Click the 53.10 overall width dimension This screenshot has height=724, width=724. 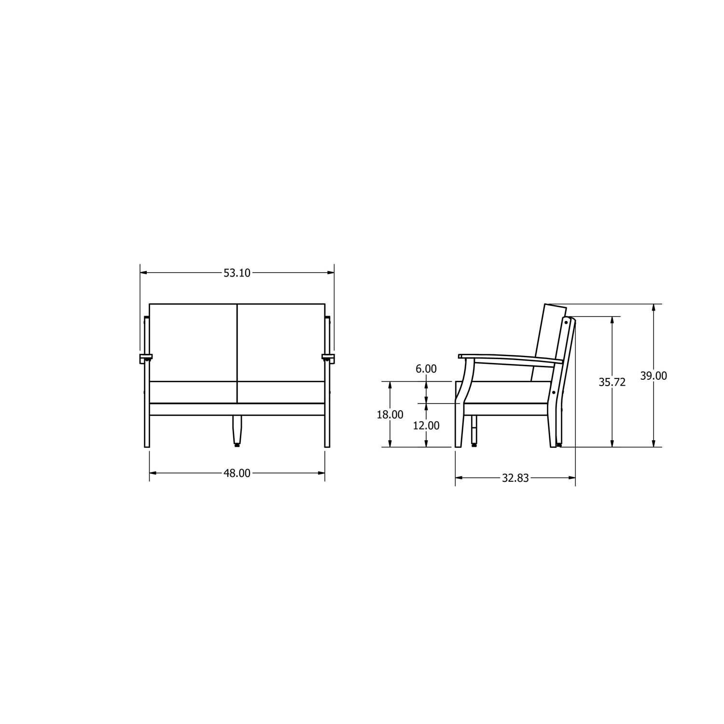pyautogui.click(x=237, y=273)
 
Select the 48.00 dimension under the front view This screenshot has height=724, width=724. pyautogui.click(x=237, y=473)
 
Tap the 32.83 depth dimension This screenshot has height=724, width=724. pyautogui.click(x=515, y=478)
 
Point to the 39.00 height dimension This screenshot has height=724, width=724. pyautogui.click(x=654, y=376)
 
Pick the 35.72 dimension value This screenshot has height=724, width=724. pyautogui.click(x=612, y=382)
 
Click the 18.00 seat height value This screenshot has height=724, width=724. pyautogui.click(x=390, y=415)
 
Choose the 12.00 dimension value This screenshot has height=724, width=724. pyautogui.click(x=426, y=426)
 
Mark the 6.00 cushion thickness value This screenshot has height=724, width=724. pyautogui.click(x=426, y=369)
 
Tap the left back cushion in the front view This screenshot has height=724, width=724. pyautogui.click(x=193, y=343)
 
